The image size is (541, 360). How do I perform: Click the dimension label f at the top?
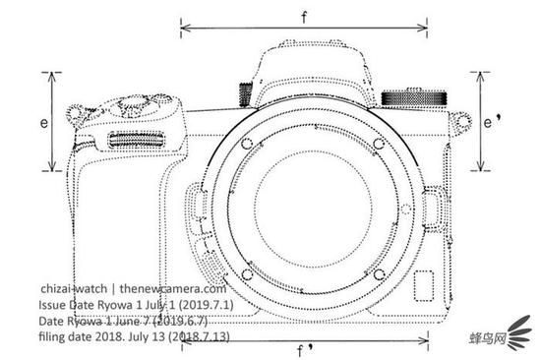(304, 17)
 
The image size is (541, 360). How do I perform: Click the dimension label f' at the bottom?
(305, 350)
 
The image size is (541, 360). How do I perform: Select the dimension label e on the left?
(44, 123)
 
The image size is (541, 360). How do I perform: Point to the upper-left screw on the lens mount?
(247, 144)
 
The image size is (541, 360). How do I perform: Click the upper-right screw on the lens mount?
(379, 143)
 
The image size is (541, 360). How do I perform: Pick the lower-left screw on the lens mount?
(247, 274)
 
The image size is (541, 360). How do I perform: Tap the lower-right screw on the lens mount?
(379, 274)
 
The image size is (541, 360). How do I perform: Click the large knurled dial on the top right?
(414, 98)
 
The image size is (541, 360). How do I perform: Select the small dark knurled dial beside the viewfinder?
(245, 93)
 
